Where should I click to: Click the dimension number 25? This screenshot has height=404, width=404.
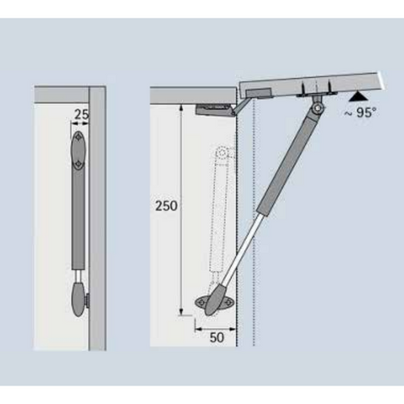82,115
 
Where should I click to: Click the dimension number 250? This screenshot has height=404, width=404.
166,206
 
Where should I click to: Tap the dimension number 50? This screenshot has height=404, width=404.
217,338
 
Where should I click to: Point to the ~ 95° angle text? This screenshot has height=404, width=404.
360,112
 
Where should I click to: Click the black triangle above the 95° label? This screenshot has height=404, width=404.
357,97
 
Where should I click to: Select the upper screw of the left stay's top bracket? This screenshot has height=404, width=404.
78,137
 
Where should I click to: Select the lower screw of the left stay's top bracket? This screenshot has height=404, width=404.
78,164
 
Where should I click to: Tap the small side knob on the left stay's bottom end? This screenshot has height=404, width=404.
87,299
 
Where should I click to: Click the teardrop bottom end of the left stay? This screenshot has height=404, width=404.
79,299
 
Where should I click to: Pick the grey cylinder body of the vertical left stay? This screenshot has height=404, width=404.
78,220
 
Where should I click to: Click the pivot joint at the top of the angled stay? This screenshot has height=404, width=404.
318,108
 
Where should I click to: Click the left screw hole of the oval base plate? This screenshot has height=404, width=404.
200,303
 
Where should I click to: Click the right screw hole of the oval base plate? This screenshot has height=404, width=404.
228,303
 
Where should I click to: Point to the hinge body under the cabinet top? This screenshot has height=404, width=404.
213,110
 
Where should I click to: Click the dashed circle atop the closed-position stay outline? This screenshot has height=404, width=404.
222,153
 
